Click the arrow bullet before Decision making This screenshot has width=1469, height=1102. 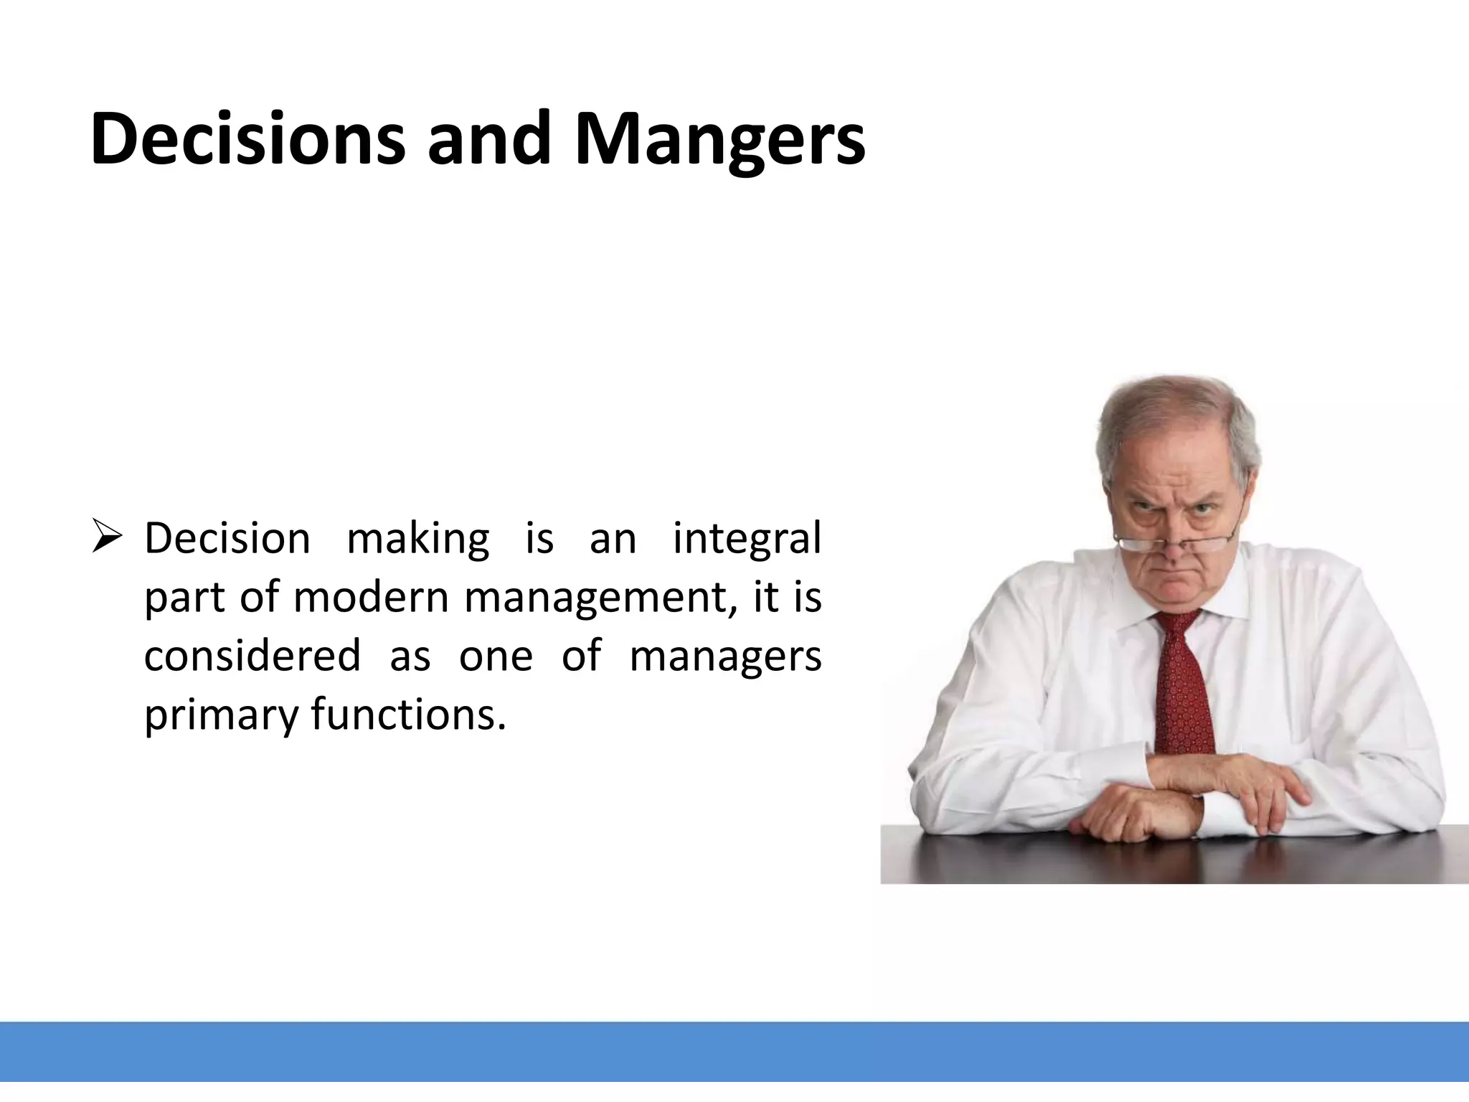coord(108,539)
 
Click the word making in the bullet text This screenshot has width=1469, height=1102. coord(417,540)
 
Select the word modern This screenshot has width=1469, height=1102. coord(370,597)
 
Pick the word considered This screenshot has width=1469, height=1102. coord(252,656)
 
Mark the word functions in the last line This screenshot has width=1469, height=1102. coord(408,715)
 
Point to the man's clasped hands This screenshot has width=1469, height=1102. coord(1184,796)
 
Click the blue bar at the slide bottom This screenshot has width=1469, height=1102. coord(734,1052)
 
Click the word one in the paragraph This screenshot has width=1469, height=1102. coord(496,656)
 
